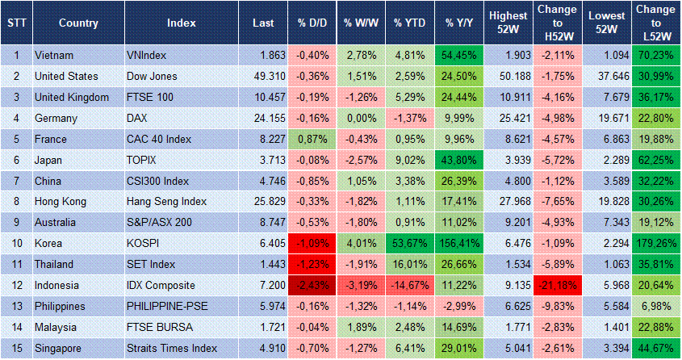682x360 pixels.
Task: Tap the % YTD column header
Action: pos(408,23)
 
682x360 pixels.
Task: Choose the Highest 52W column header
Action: pos(508,23)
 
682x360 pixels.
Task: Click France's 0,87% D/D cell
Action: pos(311,139)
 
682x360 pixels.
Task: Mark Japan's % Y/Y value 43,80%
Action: pos(458,160)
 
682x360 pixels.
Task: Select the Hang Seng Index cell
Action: pos(166,202)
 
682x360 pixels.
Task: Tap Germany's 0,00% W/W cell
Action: pos(359,118)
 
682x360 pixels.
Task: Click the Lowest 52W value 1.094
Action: pos(606,55)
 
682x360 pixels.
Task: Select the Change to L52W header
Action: pos(655,23)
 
